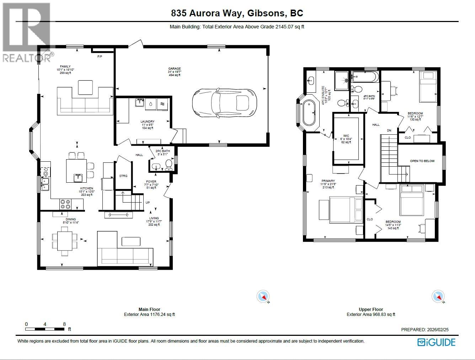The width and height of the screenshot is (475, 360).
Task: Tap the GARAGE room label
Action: click(175, 69)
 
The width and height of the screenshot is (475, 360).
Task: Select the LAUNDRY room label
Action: click(147, 122)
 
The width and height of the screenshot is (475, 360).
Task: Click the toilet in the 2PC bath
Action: click(169, 164)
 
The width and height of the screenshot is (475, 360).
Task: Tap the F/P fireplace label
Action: click(100, 57)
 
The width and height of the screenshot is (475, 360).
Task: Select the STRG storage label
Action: click(123, 176)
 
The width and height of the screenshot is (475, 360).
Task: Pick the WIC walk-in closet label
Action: click(346, 136)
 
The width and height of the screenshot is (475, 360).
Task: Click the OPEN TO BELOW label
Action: click(422, 161)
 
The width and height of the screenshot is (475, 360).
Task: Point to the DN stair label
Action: click(389, 130)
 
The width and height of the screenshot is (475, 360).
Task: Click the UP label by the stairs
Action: click(147, 203)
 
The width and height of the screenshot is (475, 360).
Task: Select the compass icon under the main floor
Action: click(263, 296)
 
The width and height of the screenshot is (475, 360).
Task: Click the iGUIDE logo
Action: click(436, 342)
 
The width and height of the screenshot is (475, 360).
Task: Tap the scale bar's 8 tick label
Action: click(64, 324)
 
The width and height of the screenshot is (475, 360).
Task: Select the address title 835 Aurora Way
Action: click(237, 14)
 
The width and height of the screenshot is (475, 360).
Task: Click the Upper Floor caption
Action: click(371, 309)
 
